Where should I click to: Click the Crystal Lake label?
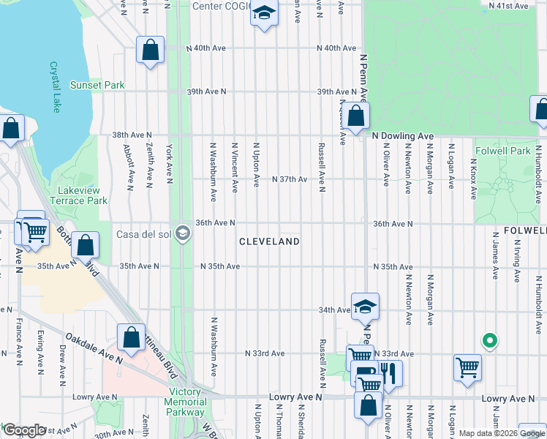(x=55, y=87)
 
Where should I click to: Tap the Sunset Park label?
(x=97, y=86)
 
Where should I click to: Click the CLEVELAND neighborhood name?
(x=270, y=241)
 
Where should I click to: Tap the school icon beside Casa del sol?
(x=183, y=234)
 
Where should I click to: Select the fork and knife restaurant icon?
(x=388, y=372)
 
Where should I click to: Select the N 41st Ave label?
(x=509, y=5)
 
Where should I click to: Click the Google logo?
(x=24, y=431)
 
